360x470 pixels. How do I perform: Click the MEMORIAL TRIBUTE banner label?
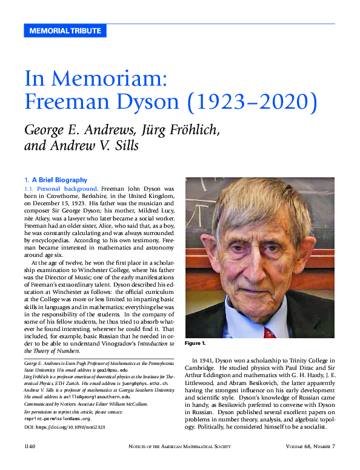coord(65,31)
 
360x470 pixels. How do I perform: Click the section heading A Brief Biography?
coord(59,180)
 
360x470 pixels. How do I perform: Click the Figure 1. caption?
coord(196,343)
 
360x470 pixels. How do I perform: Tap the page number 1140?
coord(30,447)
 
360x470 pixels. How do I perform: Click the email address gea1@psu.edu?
coord(110,370)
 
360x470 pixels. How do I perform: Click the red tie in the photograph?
coord(270,333)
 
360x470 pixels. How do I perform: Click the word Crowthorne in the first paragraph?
coord(58,198)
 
